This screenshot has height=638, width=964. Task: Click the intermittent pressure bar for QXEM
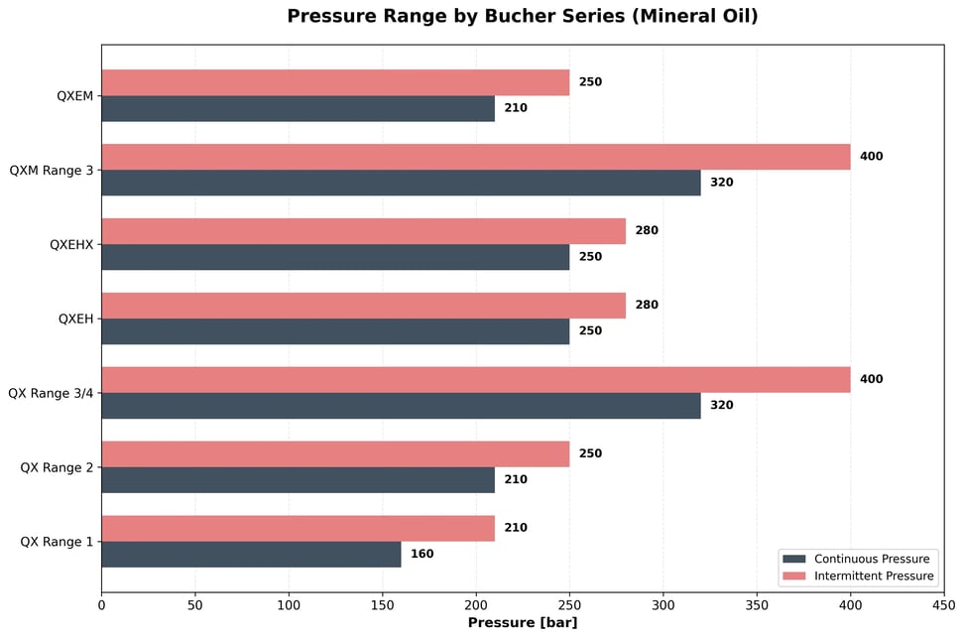pyautogui.click(x=335, y=82)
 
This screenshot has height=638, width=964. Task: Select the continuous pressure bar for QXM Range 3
pyautogui.click(x=401, y=183)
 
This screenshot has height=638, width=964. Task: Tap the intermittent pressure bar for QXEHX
pyautogui.click(x=363, y=231)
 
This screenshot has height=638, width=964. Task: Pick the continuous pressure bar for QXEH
pyautogui.click(x=335, y=331)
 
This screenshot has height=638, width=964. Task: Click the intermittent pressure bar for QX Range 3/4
pyautogui.click(x=475, y=380)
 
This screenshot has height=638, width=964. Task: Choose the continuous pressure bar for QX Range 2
pyautogui.click(x=298, y=480)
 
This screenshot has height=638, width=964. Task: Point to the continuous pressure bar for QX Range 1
pyautogui.click(x=251, y=554)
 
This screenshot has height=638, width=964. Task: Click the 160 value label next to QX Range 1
pyautogui.click(x=422, y=554)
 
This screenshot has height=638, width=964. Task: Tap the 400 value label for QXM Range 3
pyautogui.click(x=871, y=157)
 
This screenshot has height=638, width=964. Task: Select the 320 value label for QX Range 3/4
pyautogui.click(x=721, y=406)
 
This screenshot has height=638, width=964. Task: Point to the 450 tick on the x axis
pyautogui.click(x=944, y=603)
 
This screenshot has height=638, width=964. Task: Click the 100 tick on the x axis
pyautogui.click(x=289, y=603)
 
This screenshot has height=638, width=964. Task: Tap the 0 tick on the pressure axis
pyautogui.click(x=101, y=603)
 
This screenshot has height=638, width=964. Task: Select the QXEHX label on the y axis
pyautogui.click(x=71, y=244)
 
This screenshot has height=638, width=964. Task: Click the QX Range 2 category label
pyautogui.click(x=57, y=467)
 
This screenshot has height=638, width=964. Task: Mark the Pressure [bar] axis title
pyautogui.click(x=522, y=623)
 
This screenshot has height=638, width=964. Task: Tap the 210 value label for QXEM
pyautogui.click(x=515, y=108)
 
